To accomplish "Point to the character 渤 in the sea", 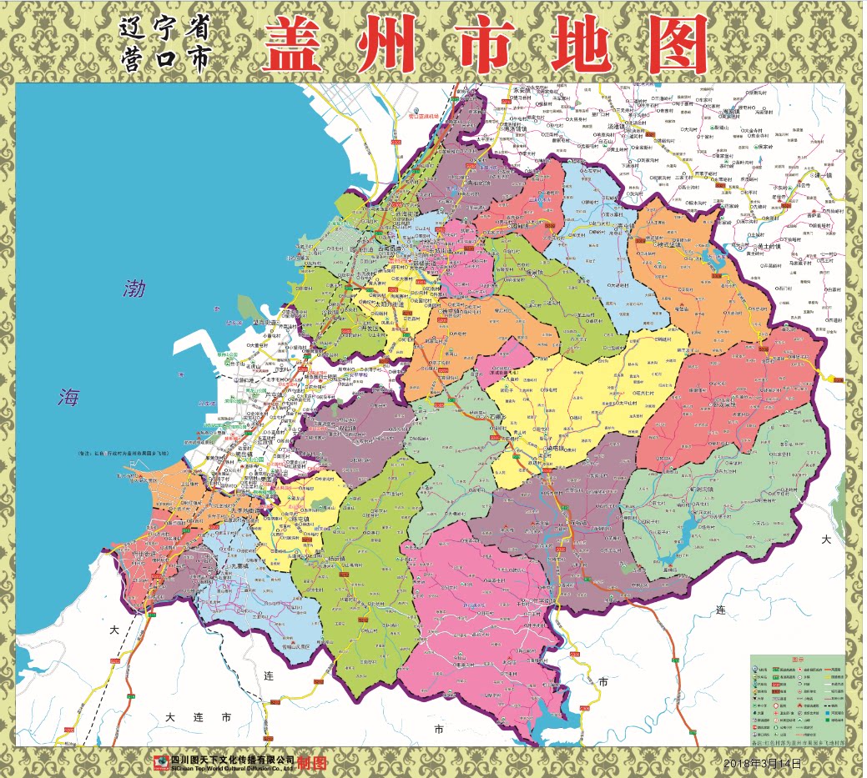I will tap(134, 289).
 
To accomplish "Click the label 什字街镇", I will tap(543, 450).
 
